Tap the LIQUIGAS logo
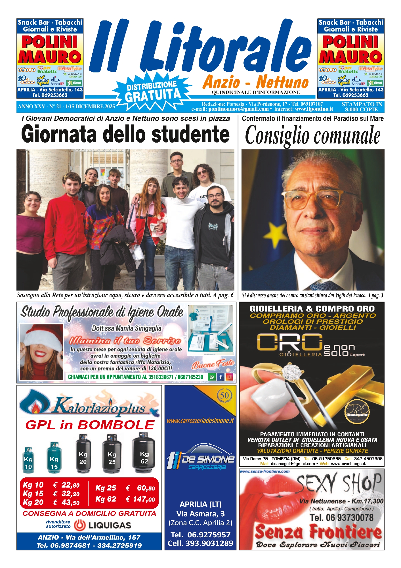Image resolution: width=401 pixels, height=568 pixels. (102, 525)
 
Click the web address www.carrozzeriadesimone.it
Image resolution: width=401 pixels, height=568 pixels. (200, 421)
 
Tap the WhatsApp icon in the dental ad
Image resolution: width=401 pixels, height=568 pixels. (212, 377)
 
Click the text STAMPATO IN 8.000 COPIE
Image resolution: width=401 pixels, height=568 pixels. (362, 107)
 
